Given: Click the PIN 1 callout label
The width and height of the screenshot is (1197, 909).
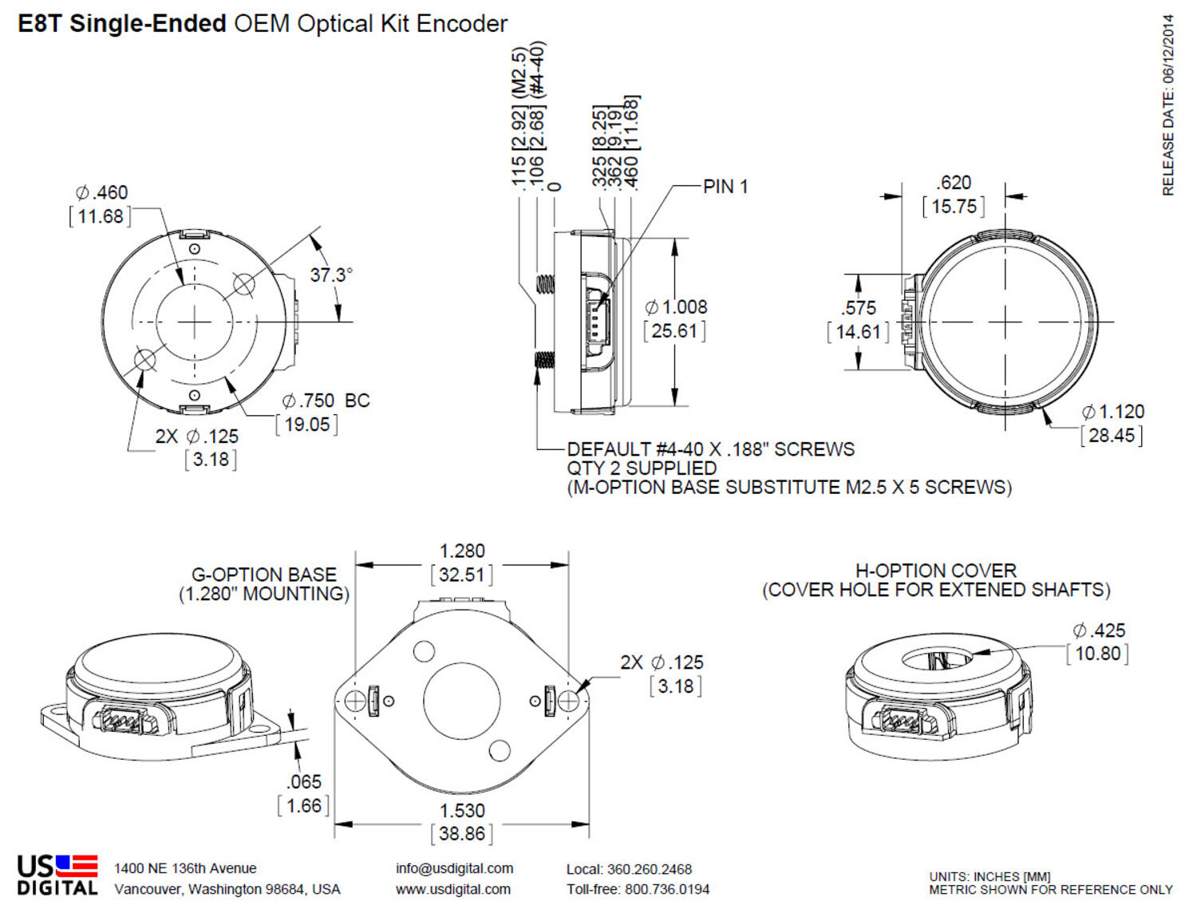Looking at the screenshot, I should coord(725,187).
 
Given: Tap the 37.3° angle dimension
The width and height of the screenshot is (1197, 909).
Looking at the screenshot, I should coord(330,275).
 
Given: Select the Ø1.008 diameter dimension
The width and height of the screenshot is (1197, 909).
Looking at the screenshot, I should coord(676,307).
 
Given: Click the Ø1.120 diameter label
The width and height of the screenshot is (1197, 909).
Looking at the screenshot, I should coord(1113,413).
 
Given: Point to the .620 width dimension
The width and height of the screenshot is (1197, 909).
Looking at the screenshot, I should coord(954,183).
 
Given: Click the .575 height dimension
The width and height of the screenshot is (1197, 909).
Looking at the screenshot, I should coord(858,308).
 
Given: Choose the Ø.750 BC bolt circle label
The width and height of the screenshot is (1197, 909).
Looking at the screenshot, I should coord(326,401).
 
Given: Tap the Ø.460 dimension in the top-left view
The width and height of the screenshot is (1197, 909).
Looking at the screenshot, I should coord(101,193).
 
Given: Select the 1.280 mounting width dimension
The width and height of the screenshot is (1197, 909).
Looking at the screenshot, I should coord(462,551).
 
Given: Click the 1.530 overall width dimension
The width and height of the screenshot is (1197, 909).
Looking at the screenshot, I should coord(462,811).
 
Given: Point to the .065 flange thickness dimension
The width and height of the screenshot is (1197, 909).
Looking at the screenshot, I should coord(304,782).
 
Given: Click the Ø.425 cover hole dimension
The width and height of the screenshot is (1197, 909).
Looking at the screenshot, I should coord(1099,630).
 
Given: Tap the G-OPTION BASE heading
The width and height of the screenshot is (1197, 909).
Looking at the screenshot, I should coord(264,575).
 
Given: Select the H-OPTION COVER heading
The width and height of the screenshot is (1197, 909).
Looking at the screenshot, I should coord(935,571).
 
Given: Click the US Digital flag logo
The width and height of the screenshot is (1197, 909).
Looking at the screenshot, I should coord(77,866).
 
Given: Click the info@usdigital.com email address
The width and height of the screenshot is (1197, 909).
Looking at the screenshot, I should coord(454,868).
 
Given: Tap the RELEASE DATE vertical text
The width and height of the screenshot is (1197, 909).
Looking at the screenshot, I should coord(1168,104).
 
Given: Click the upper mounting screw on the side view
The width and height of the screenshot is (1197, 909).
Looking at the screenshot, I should coord(545,284).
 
